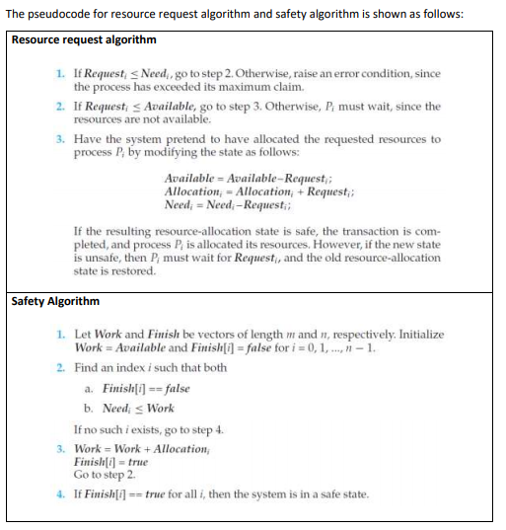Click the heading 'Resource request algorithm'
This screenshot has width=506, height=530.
(83, 39)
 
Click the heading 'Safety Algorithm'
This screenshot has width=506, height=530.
(55, 301)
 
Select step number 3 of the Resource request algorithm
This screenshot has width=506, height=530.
(62, 140)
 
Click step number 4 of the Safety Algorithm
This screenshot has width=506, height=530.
(62, 492)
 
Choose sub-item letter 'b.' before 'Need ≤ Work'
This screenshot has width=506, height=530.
(91, 409)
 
